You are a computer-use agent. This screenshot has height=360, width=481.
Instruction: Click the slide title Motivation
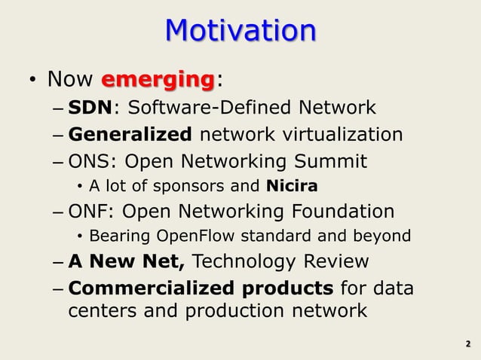coord(240,31)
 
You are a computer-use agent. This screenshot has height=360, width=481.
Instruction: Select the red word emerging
coord(158,79)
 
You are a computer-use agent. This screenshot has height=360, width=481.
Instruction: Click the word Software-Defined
coord(198,108)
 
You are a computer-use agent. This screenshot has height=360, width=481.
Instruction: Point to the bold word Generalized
coord(130,135)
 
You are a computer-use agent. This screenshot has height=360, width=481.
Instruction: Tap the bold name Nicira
coord(292,186)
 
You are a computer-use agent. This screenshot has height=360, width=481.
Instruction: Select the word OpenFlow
coord(185,236)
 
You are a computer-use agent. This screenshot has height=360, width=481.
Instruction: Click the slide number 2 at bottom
coord(467,345)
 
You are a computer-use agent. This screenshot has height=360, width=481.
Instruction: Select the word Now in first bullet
coord(69,79)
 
